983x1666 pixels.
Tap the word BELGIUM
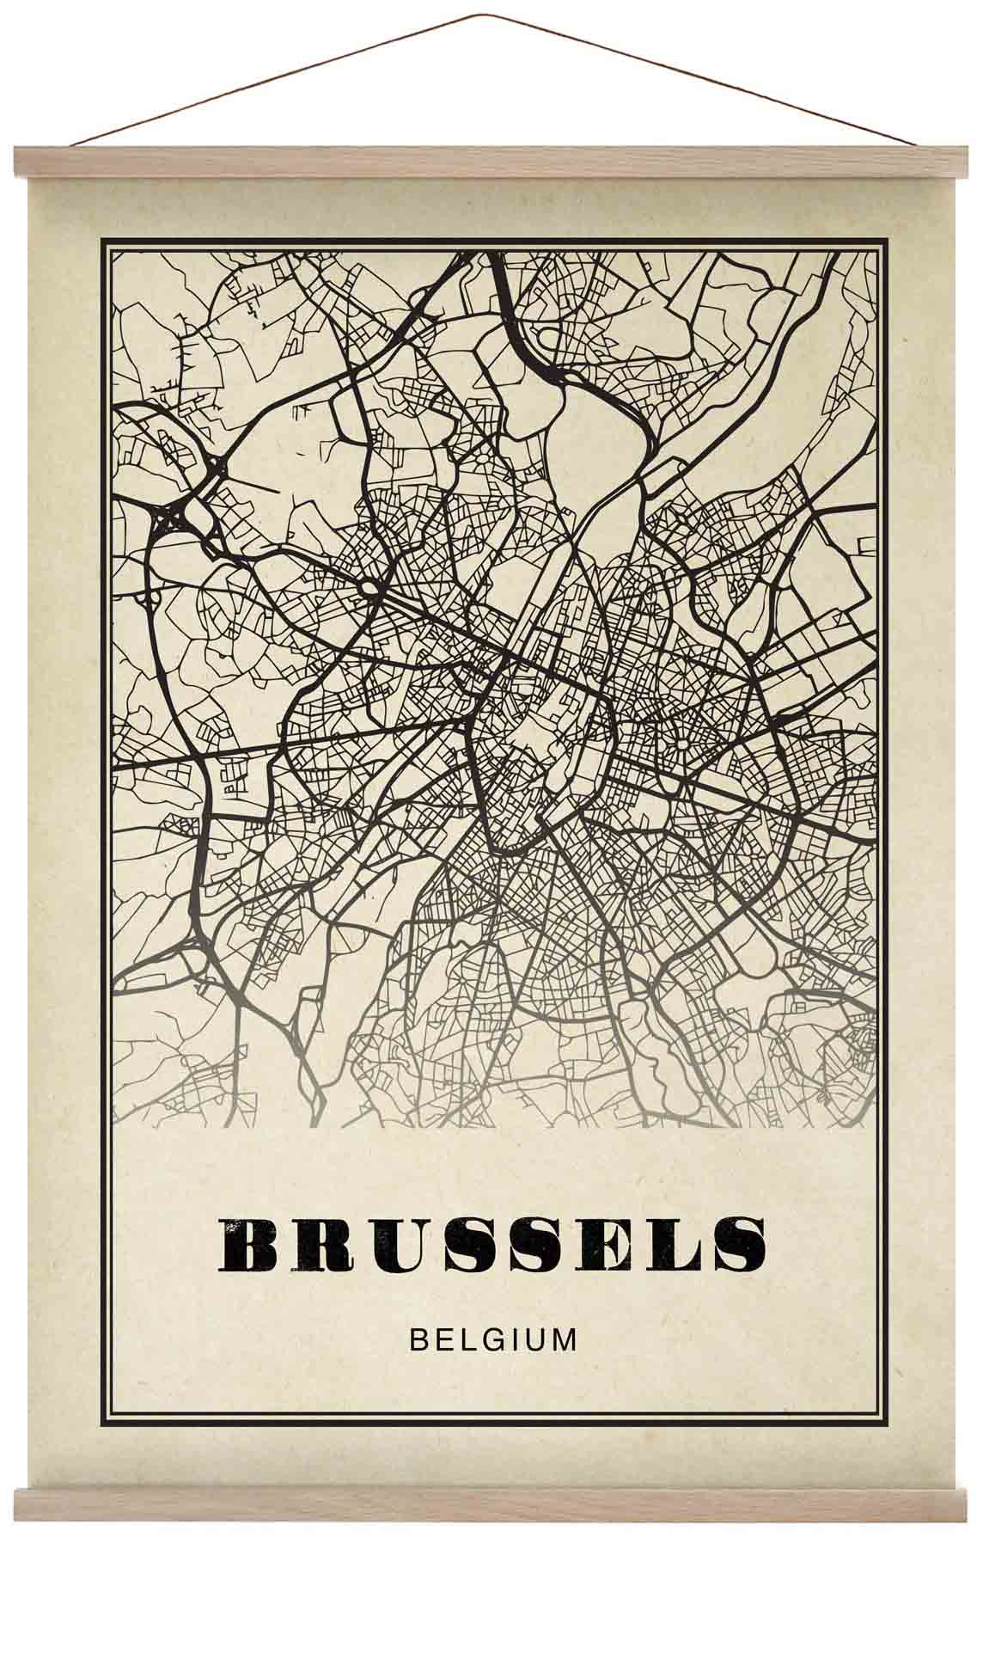(493, 1340)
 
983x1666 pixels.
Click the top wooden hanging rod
(491, 162)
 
